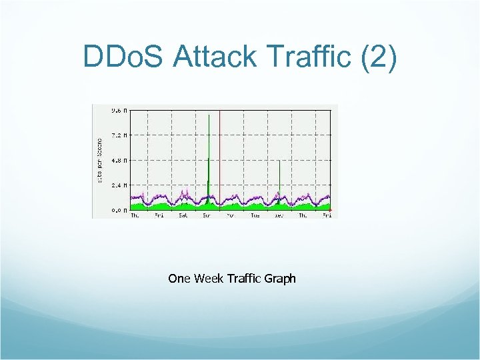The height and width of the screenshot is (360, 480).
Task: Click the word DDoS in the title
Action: (x=123, y=57)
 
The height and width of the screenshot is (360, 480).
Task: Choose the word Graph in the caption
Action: (x=280, y=279)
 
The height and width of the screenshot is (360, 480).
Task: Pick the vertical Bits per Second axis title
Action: (x=100, y=161)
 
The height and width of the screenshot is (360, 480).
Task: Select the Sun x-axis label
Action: (x=207, y=215)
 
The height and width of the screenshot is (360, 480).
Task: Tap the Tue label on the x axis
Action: (x=255, y=215)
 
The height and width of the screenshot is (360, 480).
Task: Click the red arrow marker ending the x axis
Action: (x=330, y=210)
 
